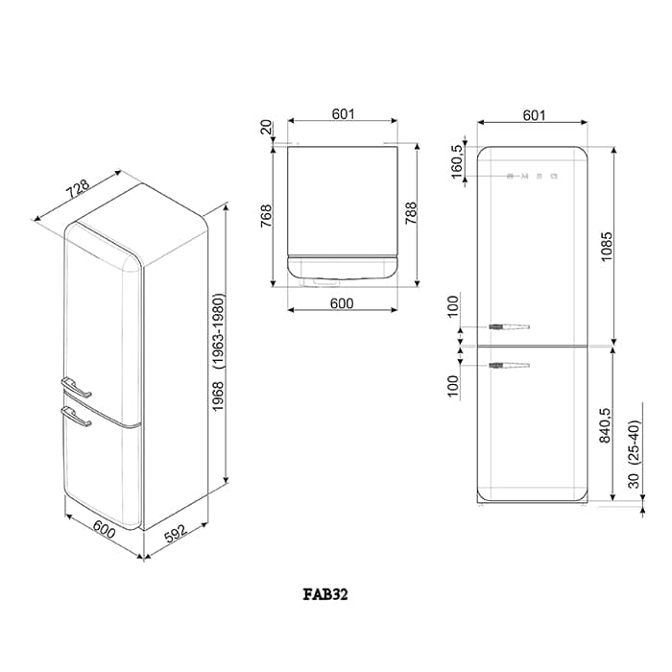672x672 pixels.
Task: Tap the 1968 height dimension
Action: (x=218, y=396)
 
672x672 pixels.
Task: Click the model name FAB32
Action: (x=325, y=594)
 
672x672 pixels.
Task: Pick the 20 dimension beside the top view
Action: (x=266, y=129)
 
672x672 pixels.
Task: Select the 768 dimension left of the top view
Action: (x=266, y=214)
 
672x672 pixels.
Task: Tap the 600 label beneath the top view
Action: (x=343, y=304)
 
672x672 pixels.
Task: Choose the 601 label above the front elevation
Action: (x=534, y=115)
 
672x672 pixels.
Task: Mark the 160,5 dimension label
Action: (x=458, y=161)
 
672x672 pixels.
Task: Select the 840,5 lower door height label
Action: (x=607, y=424)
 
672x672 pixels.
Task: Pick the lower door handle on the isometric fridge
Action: (x=76, y=416)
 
